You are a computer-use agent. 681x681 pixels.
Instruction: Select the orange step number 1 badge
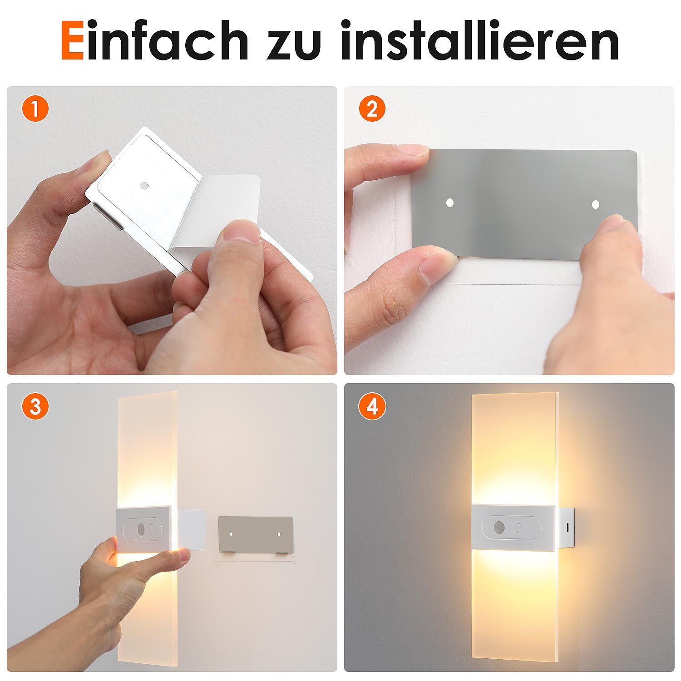[35, 109]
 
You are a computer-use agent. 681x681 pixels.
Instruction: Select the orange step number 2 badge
[372, 109]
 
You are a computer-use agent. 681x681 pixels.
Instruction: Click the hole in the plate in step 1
[144, 185]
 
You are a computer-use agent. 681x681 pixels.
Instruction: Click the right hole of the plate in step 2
[596, 205]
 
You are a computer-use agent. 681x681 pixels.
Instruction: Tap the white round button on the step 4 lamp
[518, 528]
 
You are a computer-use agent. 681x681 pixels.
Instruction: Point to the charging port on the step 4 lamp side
[569, 528]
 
